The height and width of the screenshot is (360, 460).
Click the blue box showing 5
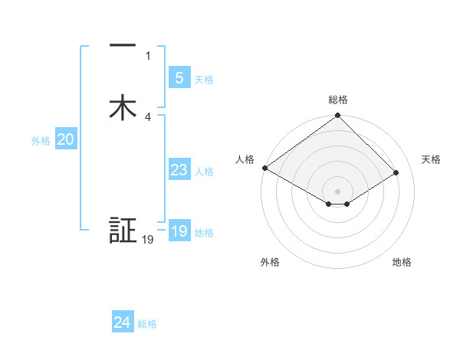[x=179, y=78]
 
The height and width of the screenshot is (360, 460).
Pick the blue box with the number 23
[x=179, y=170]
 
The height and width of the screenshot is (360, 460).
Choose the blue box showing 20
[x=65, y=139]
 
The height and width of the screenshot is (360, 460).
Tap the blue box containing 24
[x=122, y=322]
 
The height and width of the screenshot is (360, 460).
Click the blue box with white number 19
[x=179, y=231]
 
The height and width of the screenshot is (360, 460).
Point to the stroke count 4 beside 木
[x=148, y=117]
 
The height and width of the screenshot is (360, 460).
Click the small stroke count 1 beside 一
[x=148, y=56]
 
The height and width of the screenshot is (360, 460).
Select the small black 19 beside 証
[x=148, y=240]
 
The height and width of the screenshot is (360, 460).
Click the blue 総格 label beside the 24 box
[x=147, y=324]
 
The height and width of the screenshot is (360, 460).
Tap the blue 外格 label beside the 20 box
[x=41, y=141]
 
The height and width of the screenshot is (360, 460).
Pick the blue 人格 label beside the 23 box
[x=204, y=172]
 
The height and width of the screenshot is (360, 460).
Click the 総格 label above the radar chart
[x=338, y=100]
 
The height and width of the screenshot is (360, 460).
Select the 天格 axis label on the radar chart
[x=432, y=159]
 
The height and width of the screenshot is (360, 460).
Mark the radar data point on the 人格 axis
[x=264, y=168]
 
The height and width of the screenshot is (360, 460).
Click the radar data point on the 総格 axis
[x=338, y=116]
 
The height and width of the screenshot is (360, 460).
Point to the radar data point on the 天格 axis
[x=396, y=172]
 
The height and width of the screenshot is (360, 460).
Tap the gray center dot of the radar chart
[x=338, y=191]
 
